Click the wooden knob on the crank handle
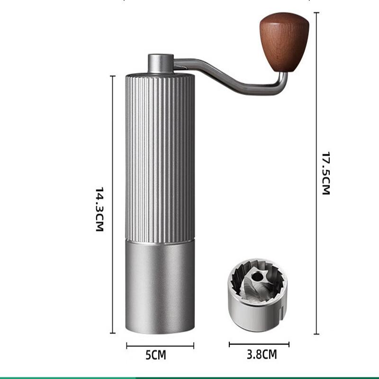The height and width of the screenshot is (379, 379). tap(285, 42)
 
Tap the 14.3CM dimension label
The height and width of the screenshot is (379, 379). tap(99, 209)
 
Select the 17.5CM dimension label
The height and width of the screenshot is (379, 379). tap(326, 173)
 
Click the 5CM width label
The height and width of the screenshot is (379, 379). tap(156, 355)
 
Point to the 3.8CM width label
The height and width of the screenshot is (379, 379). tap(262, 354)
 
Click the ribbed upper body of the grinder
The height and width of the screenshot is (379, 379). tap(160, 158)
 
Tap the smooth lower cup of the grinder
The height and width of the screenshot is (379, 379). tap(160, 288)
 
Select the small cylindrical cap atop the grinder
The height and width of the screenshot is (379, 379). tap(161, 63)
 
